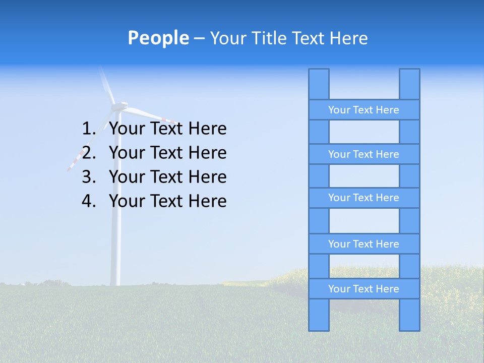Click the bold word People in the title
point(158,38)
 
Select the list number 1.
point(88,129)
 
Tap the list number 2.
point(88,153)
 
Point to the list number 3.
point(88,177)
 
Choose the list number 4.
point(88,201)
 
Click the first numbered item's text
point(167,129)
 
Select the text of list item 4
point(167,201)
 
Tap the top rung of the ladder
point(364,110)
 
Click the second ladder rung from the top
point(364,154)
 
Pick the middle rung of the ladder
point(364,198)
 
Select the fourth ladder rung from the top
point(364,244)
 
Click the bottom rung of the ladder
point(364,289)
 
